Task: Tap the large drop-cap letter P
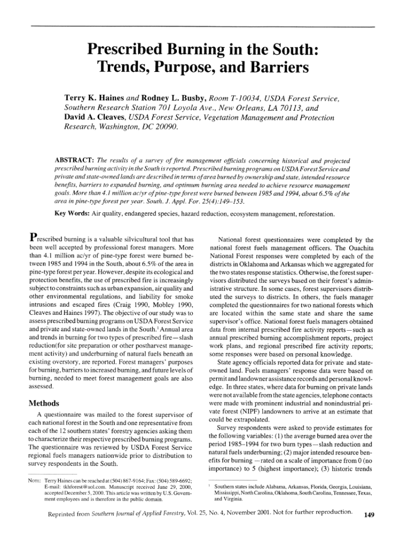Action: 34,237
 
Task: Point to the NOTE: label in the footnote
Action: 34,481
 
